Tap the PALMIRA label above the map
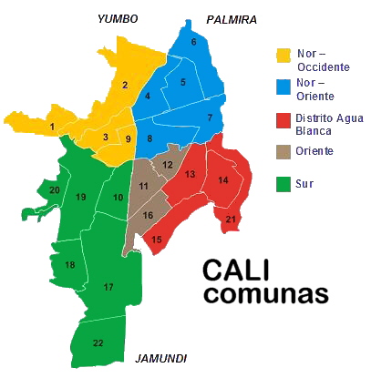232,19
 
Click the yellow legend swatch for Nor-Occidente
283,56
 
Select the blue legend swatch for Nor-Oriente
283,87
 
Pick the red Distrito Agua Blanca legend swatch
283,119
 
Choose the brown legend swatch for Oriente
283,151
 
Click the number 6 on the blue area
193,42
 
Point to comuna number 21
231,219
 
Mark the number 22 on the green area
98,342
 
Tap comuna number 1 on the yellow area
52,127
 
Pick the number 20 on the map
55,189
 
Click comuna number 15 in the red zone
157,240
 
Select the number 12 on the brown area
168,165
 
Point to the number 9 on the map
128,138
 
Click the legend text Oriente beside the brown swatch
314,150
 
